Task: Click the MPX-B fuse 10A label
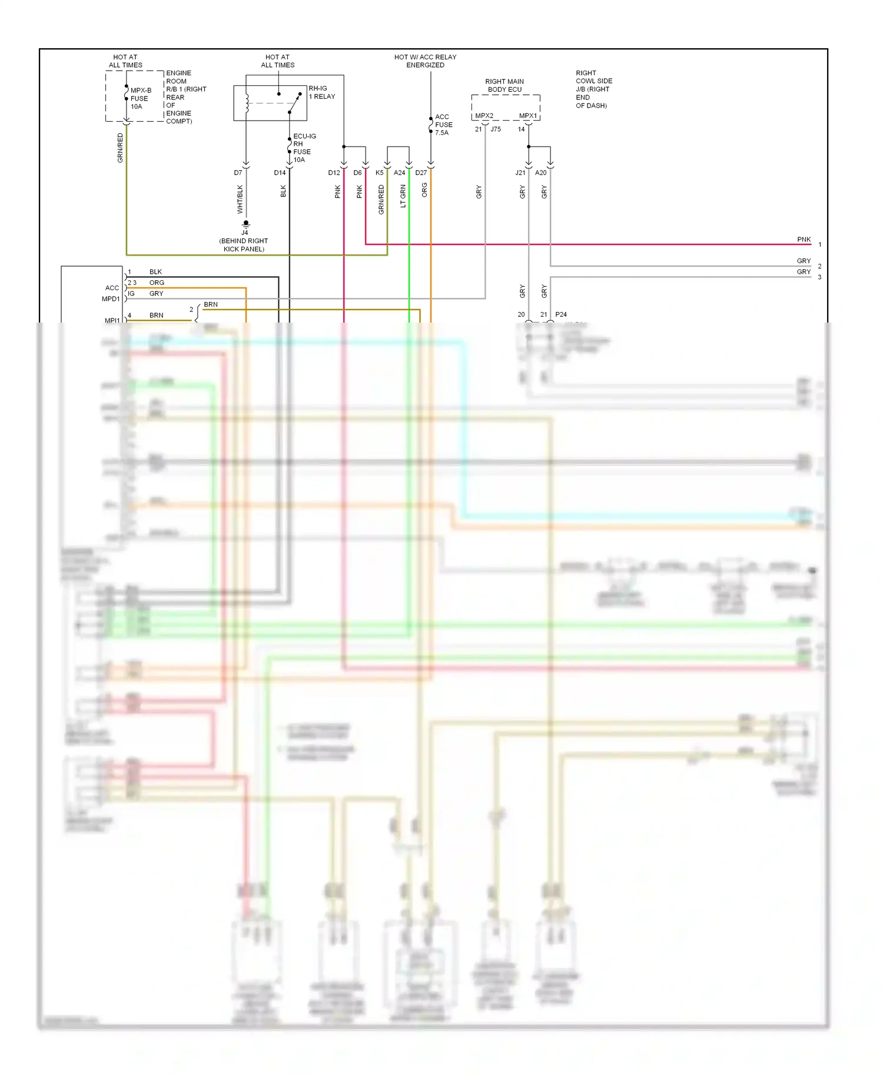click(140, 98)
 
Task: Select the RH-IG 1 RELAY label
click(321, 92)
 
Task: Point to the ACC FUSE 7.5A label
click(443, 125)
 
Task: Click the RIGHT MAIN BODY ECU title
click(504, 85)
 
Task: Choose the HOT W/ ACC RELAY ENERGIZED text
click(425, 61)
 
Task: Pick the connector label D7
click(238, 173)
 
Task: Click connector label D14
click(280, 173)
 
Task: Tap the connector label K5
click(379, 173)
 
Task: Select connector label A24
click(399, 173)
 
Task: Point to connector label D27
click(421, 173)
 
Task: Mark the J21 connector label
click(520, 173)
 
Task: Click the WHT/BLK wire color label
click(240, 199)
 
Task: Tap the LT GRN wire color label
click(403, 196)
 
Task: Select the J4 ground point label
click(244, 233)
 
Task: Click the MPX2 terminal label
click(484, 116)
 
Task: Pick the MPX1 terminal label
click(527, 116)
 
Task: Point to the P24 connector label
click(561, 315)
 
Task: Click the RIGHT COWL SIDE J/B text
click(593, 89)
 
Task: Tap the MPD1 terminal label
click(111, 299)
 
